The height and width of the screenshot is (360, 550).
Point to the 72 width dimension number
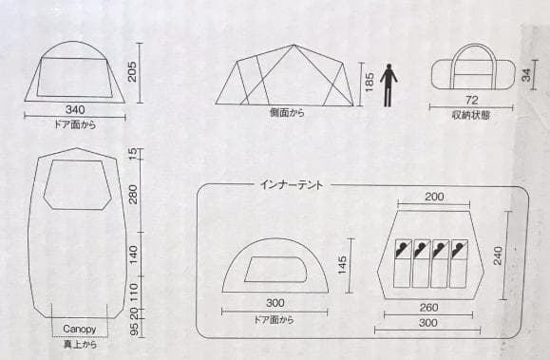[470, 100]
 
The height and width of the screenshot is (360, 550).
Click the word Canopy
[80, 330]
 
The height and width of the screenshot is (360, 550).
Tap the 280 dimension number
[133, 195]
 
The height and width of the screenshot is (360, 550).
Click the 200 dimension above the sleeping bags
[434, 196]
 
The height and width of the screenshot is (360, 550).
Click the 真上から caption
[80, 344]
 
